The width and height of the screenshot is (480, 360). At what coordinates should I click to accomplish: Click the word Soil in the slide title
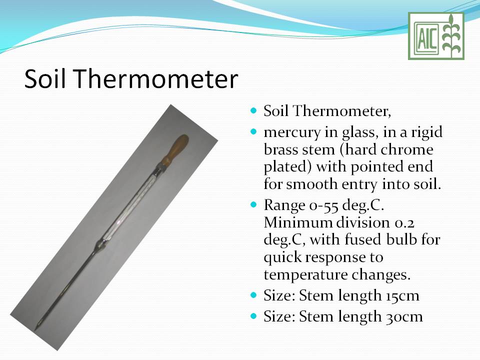(49, 78)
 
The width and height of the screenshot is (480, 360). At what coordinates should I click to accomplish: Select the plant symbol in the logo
(451, 36)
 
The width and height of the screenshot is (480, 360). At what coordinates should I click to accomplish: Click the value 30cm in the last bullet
(403, 316)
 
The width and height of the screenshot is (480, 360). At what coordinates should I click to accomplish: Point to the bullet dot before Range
(253, 204)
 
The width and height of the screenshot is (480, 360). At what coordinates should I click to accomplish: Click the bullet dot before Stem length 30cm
(253, 316)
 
